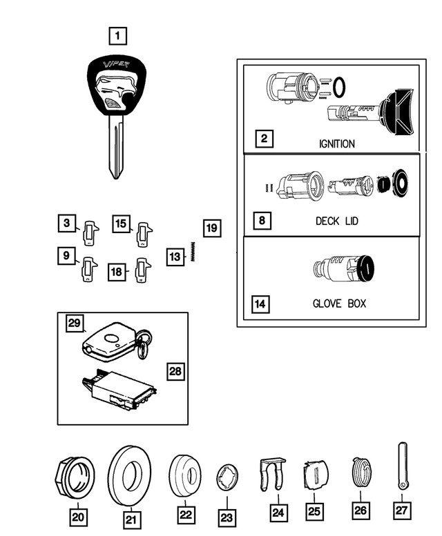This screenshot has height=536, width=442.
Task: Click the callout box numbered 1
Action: pos(118,34)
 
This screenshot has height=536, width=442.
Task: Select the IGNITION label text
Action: pos(337,144)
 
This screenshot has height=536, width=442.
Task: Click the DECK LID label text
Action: pos(337,221)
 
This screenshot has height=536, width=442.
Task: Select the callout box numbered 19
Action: pos(212,228)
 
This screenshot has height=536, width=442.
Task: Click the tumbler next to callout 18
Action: pos(143,270)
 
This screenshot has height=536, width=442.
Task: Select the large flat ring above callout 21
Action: pos(130,477)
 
